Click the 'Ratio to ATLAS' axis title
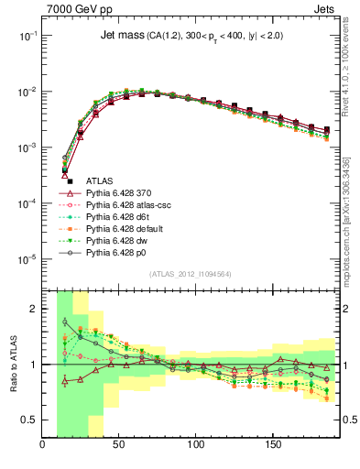click(x=13, y=364)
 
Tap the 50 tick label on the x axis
click(x=119, y=447)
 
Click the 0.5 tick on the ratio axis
click(x=29, y=420)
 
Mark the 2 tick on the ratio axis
click(x=34, y=309)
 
